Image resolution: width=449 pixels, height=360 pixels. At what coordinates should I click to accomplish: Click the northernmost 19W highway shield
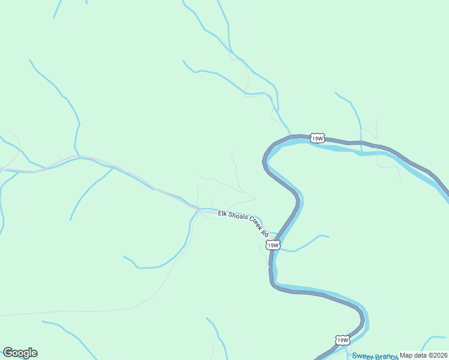pyautogui.click(x=318, y=139)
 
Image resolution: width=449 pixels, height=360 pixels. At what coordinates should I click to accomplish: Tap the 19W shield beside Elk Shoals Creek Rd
pyautogui.click(x=273, y=245)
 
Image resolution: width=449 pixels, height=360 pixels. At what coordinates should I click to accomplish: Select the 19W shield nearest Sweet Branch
pyautogui.click(x=342, y=340)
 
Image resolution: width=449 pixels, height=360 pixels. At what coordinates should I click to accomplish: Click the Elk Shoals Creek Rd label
pyautogui.click(x=243, y=221)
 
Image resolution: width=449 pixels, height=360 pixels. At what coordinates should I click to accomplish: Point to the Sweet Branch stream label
pyautogui.click(x=375, y=356)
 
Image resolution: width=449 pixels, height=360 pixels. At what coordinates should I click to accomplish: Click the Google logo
pyautogui.click(x=20, y=353)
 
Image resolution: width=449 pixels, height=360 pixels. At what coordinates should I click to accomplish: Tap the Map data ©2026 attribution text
pyautogui.click(x=423, y=355)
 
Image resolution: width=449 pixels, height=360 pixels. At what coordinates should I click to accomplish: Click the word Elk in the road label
pyautogui.click(x=223, y=213)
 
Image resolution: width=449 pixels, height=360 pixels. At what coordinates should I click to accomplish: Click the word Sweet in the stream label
pyautogui.click(x=363, y=356)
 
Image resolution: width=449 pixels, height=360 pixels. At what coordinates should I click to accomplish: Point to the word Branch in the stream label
pyautogui.click(x=387, y=356)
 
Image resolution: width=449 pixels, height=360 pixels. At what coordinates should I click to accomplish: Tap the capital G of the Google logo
pyautogui.click(x=8, y=353)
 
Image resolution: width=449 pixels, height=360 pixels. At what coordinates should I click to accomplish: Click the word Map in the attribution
pyautogui.click(x=406, y=355)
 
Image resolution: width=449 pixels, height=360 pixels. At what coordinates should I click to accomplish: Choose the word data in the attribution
pyautogui.click(x=420, y=355)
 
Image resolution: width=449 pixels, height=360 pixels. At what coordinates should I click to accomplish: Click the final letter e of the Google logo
pyautogui.click(x=34, y=353)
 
